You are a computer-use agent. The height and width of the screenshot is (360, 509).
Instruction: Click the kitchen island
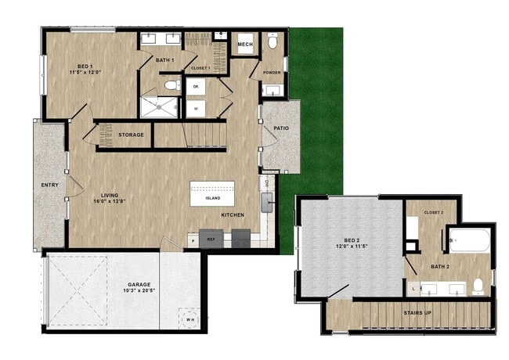pyautogui.click(x=212, y=194)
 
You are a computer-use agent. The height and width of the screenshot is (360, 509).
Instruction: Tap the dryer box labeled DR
pyautogui.click(x=196, y=87)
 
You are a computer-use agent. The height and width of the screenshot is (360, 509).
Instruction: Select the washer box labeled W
pyautogui.click(x=196, y=109)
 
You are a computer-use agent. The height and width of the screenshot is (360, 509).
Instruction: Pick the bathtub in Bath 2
pyautogui.click(x=471, y=240)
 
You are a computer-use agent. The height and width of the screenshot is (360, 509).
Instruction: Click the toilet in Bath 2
pyautogui.click(x=477, y=286)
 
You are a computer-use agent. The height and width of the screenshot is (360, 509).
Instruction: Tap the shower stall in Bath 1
pyautogui.click(x=159, y=107)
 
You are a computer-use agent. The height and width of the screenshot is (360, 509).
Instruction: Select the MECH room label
pyautogui.click(x=245, y=45)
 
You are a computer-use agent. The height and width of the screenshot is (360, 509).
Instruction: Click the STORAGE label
pyautogui.click(x=131, y=135)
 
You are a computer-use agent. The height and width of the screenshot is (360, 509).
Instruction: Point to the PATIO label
pyautogui.click(x=282, y=129)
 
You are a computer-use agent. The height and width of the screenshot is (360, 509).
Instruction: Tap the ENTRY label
pyautogui.click(x=50, y=185)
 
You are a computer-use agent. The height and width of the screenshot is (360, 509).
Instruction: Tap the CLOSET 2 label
pyautogui.click(x=433, y=212)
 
